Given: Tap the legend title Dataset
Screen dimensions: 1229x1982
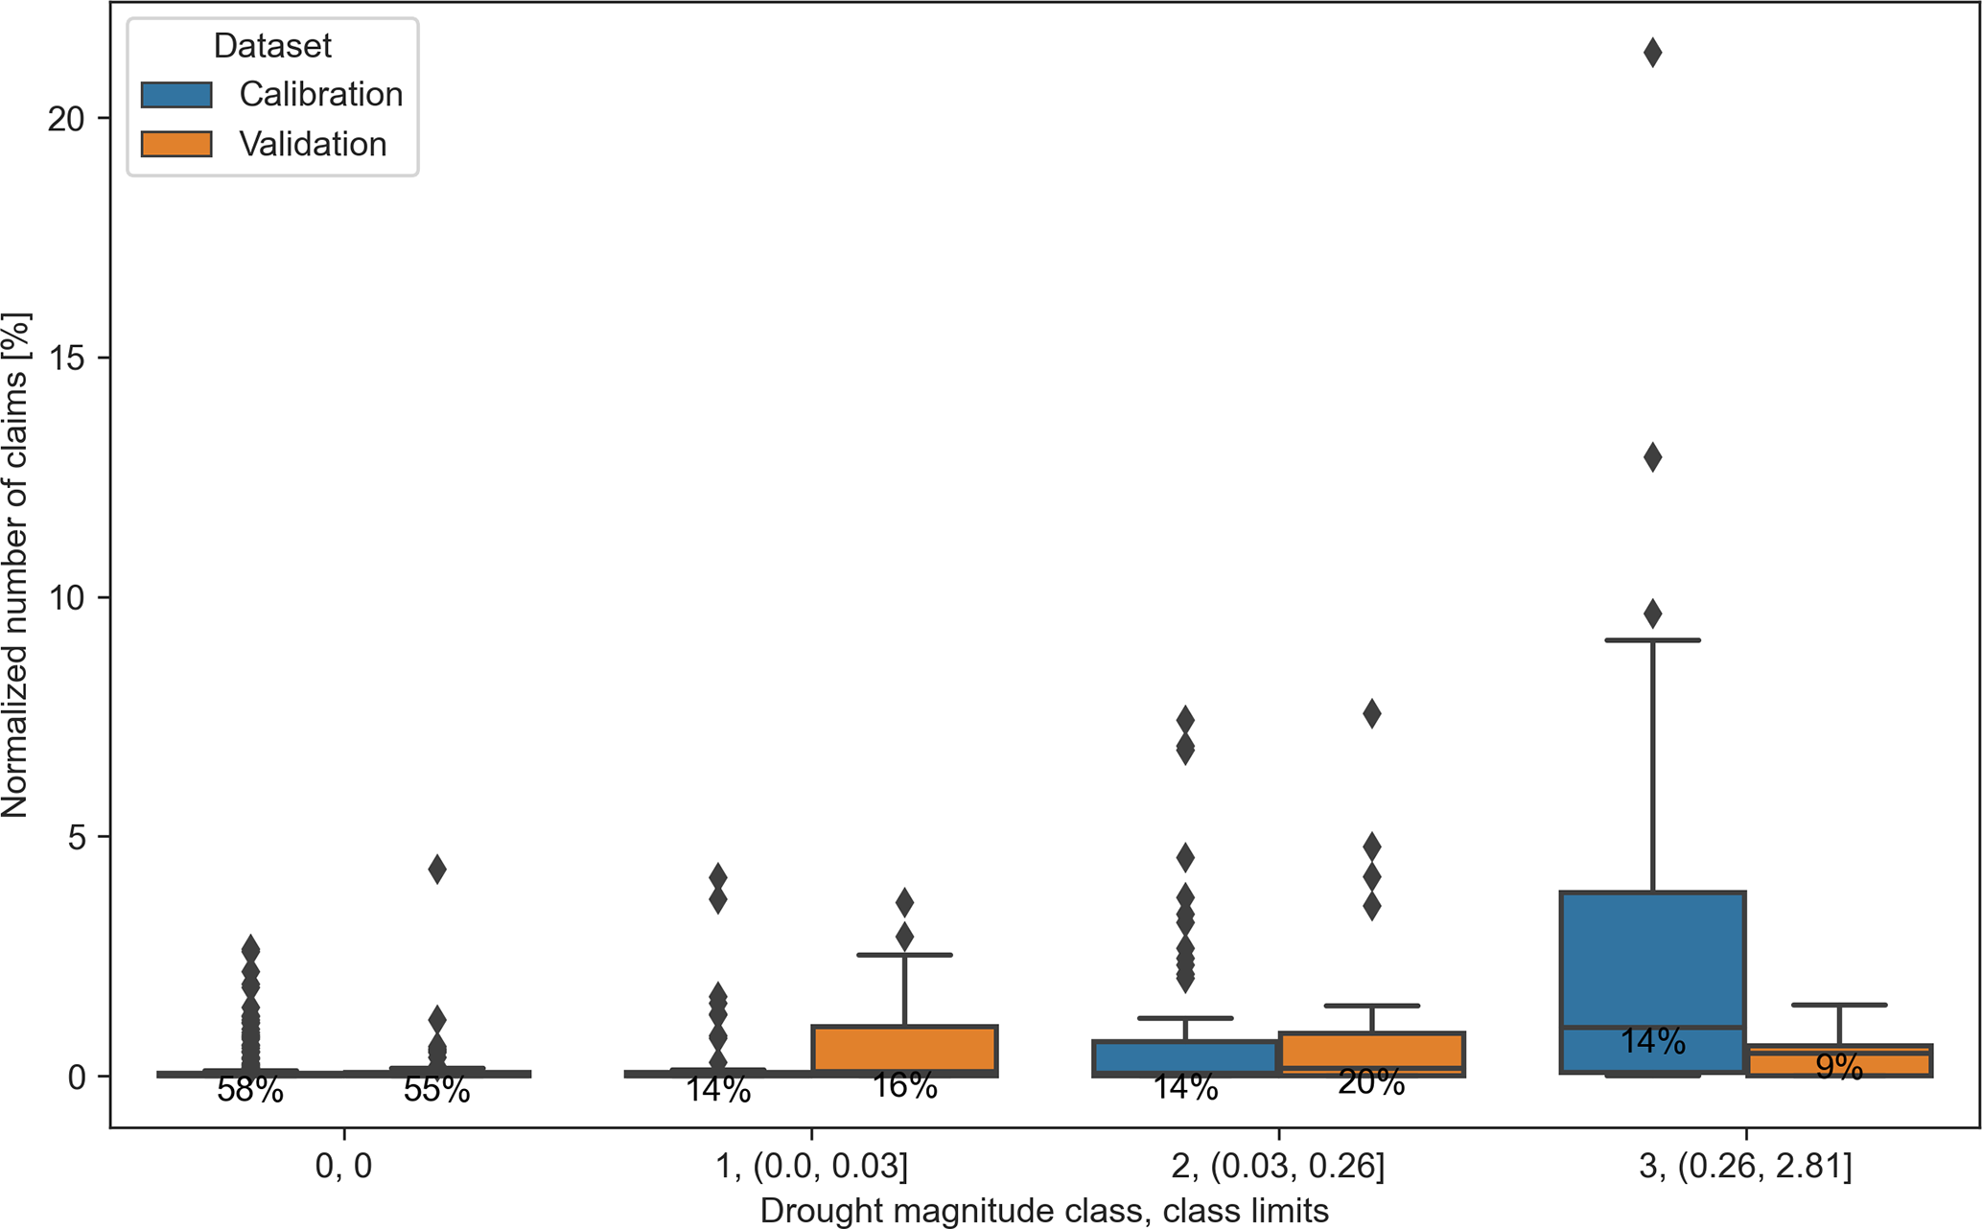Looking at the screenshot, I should [272, 45].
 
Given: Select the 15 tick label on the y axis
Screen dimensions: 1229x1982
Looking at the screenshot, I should [65, 358].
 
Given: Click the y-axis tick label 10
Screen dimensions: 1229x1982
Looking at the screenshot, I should [65, 597].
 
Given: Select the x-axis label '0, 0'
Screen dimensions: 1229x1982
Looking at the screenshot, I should [343, 1167].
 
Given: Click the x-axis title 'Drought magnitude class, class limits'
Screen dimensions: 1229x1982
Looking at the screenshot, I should [1044, 1211].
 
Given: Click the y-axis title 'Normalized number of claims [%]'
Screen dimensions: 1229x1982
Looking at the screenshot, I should [15, 565].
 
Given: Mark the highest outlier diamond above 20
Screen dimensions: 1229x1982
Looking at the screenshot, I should [1652, 53].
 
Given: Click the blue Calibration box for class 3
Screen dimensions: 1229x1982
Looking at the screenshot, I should [1652, 959].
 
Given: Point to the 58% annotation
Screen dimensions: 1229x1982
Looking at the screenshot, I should [250, 1090].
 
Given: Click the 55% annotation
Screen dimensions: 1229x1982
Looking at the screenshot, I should [436, 1090].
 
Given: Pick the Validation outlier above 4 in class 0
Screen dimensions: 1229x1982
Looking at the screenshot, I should [436, 870].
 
